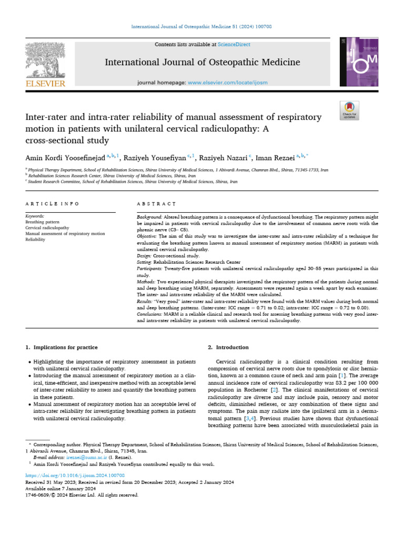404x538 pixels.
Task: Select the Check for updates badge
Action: (349, 111)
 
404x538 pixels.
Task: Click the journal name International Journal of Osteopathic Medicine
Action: (203, 63)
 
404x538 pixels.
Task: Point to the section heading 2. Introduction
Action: (228, 347)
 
